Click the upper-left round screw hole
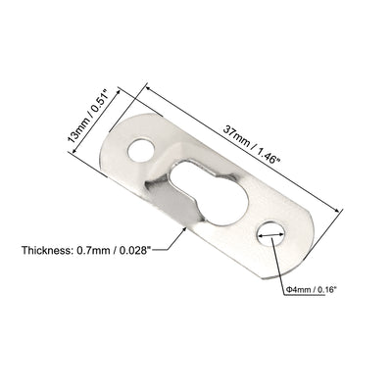point(141,151)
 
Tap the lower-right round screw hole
point(270,234)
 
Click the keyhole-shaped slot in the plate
point(210,193)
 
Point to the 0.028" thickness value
point(132,251)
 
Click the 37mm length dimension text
point(236,135)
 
